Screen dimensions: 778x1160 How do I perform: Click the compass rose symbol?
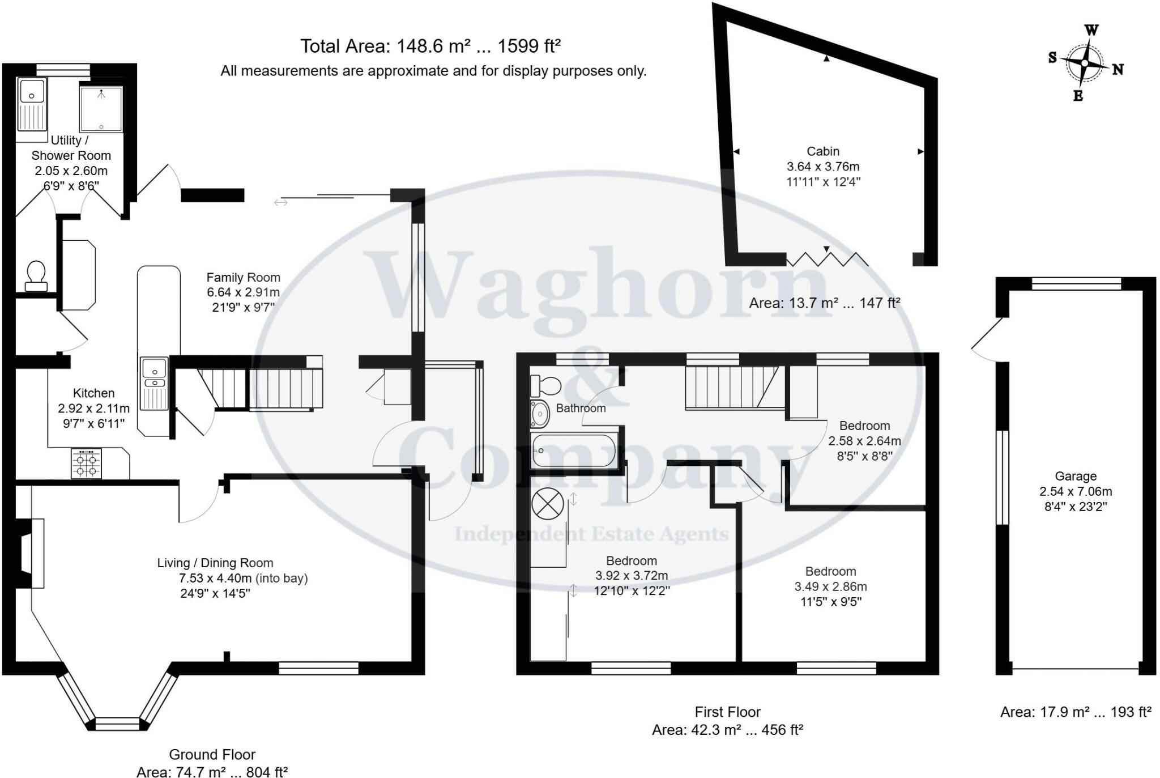click(1084, 63)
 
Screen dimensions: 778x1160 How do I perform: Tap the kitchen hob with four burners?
click(86, 464)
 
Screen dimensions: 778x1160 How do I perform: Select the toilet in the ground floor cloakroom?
click(36, 275)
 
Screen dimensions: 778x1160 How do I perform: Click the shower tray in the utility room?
click(101, 109)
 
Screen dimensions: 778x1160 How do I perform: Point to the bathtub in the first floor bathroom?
click(573, 450)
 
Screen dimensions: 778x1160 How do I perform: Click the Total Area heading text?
click(430, 46)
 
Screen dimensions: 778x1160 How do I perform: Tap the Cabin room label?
click(823, 151)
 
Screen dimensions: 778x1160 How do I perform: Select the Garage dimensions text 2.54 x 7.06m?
click(1075, 491)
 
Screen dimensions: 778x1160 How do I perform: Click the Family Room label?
click(243, 278)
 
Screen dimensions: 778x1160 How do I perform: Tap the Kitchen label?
click(93, 393)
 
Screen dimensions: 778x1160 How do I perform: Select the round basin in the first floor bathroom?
click(540, 414)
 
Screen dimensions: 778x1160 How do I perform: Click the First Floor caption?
click(727, 712)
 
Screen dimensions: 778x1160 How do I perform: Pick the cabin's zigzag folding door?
click(828, 259)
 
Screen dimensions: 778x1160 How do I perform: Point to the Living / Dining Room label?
click(215, 563)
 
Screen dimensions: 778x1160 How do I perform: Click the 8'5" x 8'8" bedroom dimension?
click(864, 456)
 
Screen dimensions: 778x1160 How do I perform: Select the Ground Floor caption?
click(212, 754)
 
